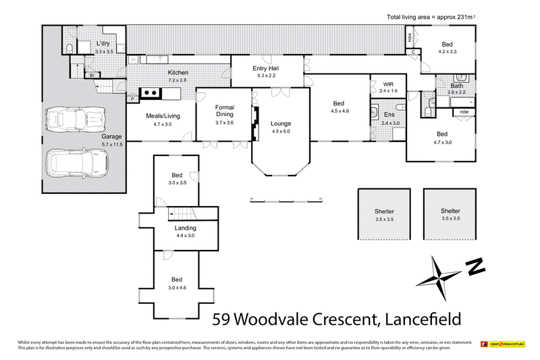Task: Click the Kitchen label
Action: click(x=178, y=73)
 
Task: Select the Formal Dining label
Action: click(x=224, y=110)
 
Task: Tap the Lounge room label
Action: click(x=280, y=124)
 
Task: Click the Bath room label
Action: click(x=457, y=86)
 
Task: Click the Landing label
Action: click(x=185, y=228)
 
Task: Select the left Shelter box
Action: click(x=384, y=214)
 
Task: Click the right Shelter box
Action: click(x=450, y=214)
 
